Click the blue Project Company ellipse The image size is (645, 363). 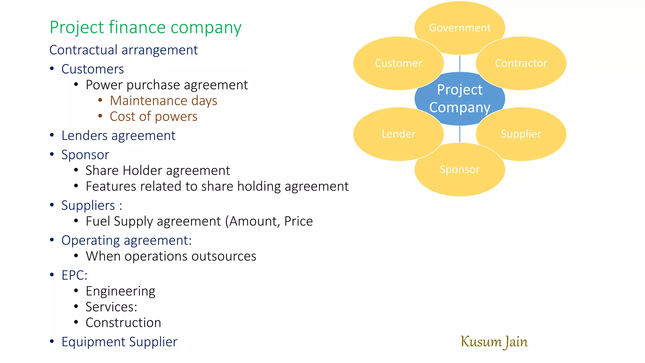(x=459, y=99)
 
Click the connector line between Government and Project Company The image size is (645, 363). (x=460, y=64)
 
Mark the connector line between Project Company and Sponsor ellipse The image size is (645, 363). (x=460, y=134)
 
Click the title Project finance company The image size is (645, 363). (x=146, y=27)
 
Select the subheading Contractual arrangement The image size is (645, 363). (x=123, y=50)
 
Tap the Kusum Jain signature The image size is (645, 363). (x=494, y=342)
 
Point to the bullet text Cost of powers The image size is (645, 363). (x=153, y=117)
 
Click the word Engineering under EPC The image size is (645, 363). (x=120, y=291)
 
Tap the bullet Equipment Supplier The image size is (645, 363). (x=119, y=342)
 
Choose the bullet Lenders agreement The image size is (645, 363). (x=118, y=136)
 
